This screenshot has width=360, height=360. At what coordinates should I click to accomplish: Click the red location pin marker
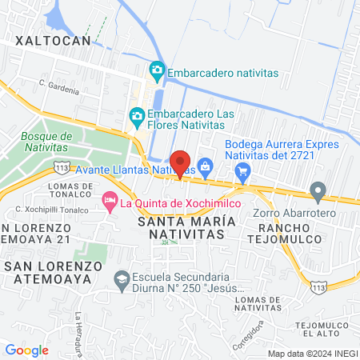180,162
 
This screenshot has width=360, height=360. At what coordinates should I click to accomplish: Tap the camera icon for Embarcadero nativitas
157,72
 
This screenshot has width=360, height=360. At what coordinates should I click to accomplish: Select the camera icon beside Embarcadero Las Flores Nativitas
137,117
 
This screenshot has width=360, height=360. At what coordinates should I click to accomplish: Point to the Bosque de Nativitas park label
47,142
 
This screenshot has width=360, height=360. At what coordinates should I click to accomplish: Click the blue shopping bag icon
206,166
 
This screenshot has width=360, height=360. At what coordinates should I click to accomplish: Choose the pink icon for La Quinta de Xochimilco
110,202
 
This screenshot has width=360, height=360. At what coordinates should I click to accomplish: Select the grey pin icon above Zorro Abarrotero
318,191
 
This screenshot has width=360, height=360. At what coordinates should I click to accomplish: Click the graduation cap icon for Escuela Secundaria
122,280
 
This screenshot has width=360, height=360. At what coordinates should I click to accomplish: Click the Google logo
26,350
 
